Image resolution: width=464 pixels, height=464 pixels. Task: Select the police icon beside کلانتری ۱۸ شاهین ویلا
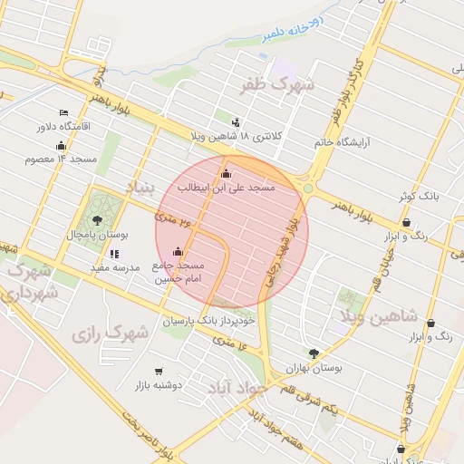[237, 122]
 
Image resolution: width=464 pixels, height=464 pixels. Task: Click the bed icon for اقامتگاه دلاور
[63, 113]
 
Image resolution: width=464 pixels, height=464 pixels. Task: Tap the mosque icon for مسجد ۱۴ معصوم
[62, 146]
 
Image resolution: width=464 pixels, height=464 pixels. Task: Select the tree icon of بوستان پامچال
[97, 221]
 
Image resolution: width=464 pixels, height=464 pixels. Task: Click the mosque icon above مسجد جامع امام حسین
[178, 252]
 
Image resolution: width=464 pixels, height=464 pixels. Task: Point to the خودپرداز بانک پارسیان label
[208, 321]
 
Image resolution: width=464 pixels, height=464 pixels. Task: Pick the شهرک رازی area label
[110, 333]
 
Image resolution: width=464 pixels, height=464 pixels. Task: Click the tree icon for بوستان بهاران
[314, 353]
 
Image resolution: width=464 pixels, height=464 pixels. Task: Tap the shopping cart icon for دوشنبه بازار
[159, 371]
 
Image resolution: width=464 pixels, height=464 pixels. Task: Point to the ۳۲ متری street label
[174, 217]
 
